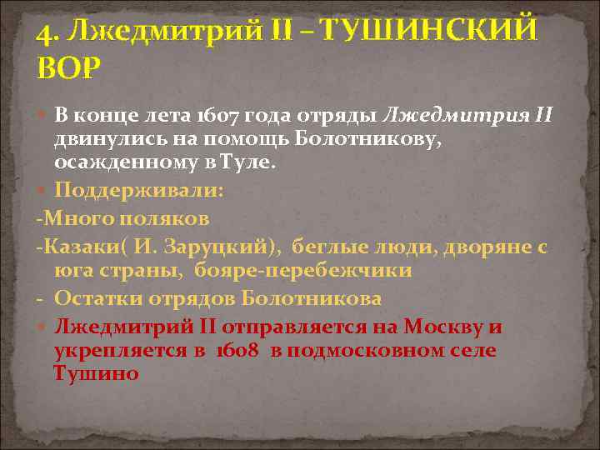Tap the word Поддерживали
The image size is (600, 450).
(138, 190)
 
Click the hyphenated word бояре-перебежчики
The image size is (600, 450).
(304, 270)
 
